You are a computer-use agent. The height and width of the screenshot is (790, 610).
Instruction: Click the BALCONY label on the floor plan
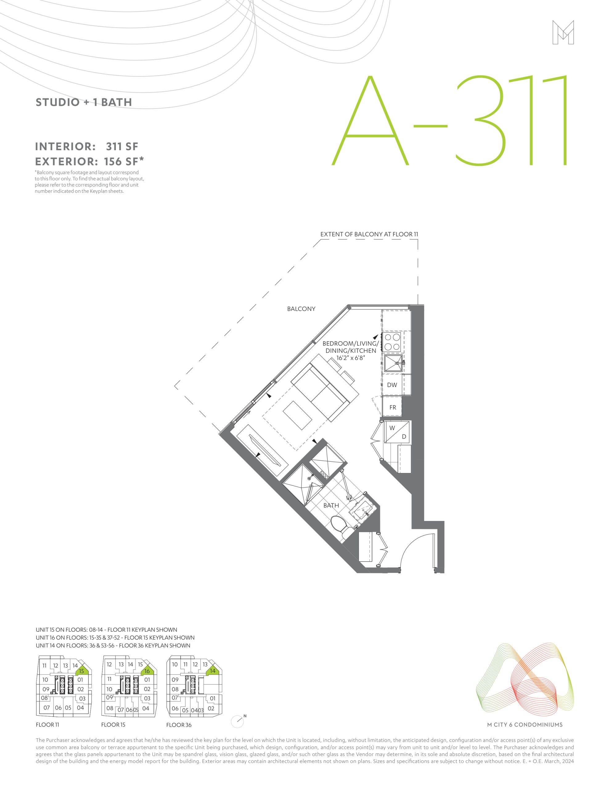301,309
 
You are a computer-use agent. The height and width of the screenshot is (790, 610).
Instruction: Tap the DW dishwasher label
392,385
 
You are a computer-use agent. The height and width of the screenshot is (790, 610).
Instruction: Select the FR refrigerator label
392,407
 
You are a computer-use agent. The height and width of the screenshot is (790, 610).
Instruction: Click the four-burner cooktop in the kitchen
392,342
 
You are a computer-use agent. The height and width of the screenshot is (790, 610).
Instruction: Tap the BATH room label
331,505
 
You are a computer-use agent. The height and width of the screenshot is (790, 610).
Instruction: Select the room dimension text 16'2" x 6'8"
351,358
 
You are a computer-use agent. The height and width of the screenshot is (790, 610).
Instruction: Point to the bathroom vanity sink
363,509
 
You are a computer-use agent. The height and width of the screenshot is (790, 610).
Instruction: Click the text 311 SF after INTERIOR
122,147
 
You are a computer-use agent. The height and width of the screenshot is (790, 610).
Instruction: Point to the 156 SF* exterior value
124,161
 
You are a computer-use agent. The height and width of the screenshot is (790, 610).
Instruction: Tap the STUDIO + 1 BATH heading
84,102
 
